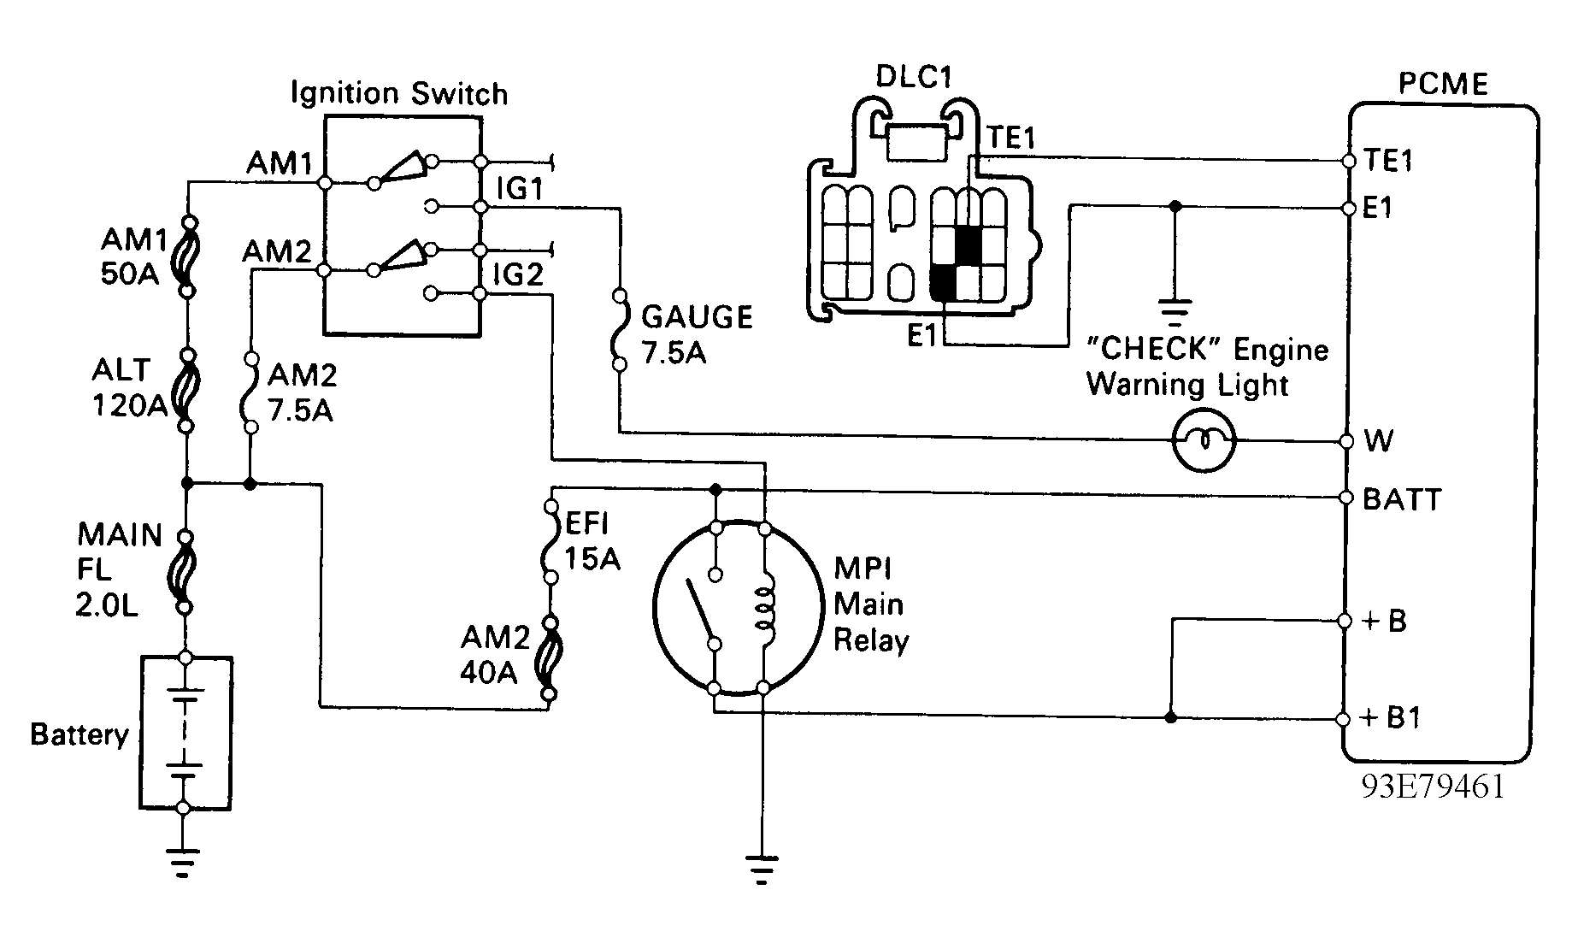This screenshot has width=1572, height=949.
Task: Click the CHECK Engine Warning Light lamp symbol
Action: click(1204, 440)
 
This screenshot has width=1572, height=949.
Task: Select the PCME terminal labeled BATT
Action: click(1347, 498)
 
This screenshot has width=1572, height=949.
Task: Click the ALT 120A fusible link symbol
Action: click(185, 390)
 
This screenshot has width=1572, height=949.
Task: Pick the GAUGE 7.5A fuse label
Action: click(696, 334)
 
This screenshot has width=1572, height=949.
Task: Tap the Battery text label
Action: click(79, 734)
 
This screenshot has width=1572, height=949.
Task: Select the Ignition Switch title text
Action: click(399, 92)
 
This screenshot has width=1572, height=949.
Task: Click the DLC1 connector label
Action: click(913, 77)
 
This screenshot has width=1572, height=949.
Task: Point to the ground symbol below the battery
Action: click(183, 862)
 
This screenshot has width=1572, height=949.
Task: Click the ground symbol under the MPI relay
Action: click(763, 867)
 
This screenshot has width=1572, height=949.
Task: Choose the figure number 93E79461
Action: click(1433, 786)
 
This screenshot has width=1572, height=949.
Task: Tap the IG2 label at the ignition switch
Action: click(519, 274)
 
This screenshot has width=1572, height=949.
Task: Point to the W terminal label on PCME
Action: click(1379, 441)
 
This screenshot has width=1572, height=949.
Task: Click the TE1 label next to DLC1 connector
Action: click(1011, 137)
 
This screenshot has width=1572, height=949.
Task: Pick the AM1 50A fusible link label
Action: click(130, 257)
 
